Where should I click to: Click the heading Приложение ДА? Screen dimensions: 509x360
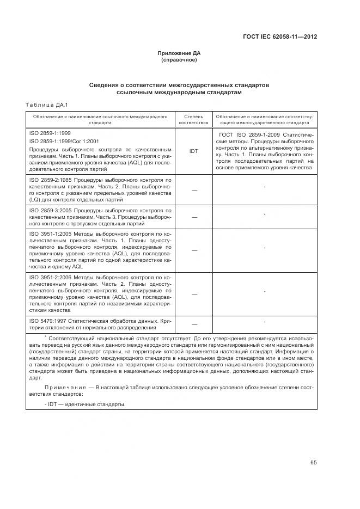pyautogui.click(x=179, y=53)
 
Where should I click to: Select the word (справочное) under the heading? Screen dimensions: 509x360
pyautogui.click(x=179, y=59)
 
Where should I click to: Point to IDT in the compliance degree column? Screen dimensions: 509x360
pyautogui.click(x=193, y=151)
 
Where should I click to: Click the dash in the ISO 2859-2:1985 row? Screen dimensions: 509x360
pyautogui.click(x=193, y=189)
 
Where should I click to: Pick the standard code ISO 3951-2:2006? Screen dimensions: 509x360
pyautogui.click(x=51, y=277)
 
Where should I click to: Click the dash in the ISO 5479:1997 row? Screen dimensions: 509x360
pyautogui.click(x=193, y=324)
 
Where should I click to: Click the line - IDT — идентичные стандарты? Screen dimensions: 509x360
pyautogui.click(x=85, y=404)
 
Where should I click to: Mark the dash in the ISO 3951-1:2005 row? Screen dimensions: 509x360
pyautogui.click(x=193, y=250)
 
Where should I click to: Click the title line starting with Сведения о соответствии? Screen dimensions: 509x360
pyautogui.click(x=179, y=85)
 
